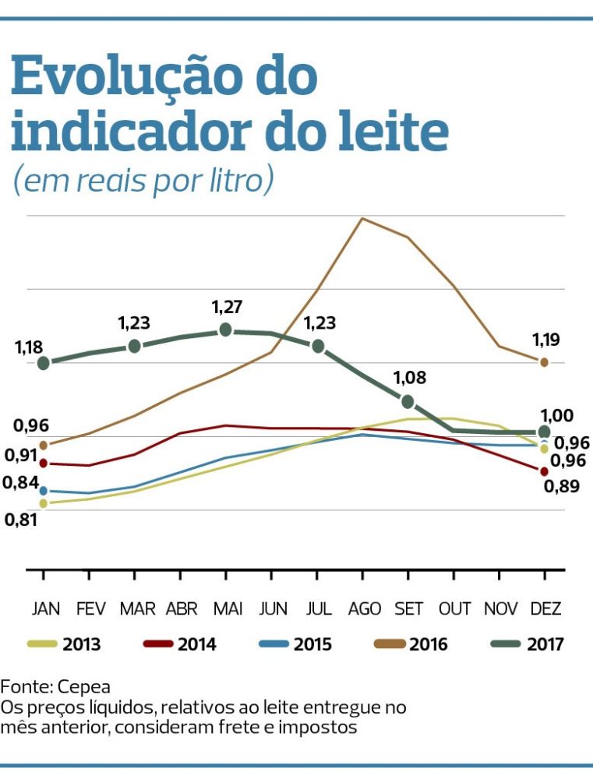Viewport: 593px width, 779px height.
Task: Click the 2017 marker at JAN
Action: click(x=44, y=363)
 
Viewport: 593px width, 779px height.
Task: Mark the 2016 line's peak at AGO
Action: click(x=362, y=218)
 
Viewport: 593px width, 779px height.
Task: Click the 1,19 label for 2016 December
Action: click(x=546, y=340)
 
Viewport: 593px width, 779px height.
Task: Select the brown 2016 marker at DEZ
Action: click(x=544, y=362)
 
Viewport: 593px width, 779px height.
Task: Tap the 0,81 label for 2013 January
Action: click(x=20, y=520)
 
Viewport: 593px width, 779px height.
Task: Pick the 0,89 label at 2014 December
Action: click(x=558, y=487)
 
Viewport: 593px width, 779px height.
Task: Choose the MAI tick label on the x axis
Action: click(x=227, y=608)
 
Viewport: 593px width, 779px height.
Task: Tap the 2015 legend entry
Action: click(x=296, y=644)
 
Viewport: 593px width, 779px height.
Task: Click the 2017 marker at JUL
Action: click(x=318, y=346)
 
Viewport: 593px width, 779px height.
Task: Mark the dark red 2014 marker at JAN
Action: click(x=44, y=464)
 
